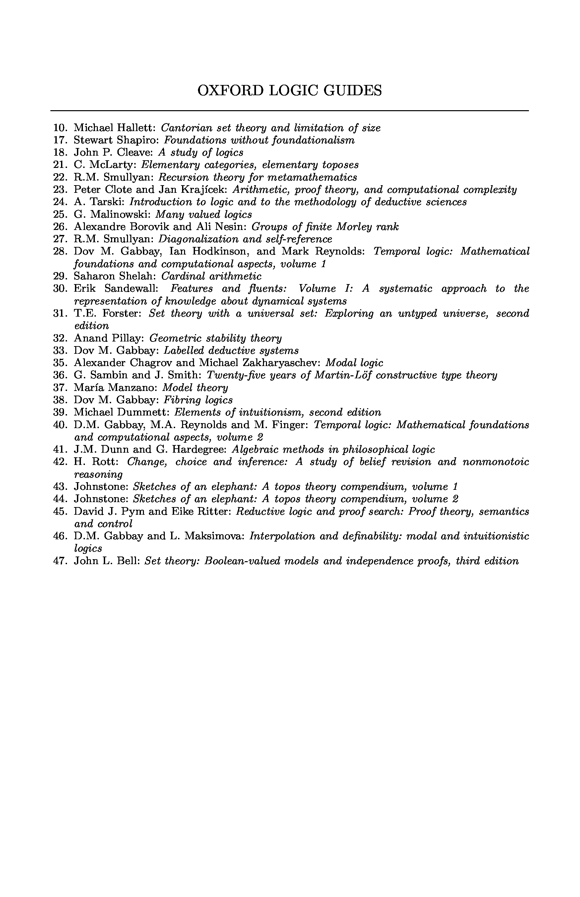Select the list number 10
pos(60,128)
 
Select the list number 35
pos(60,363)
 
